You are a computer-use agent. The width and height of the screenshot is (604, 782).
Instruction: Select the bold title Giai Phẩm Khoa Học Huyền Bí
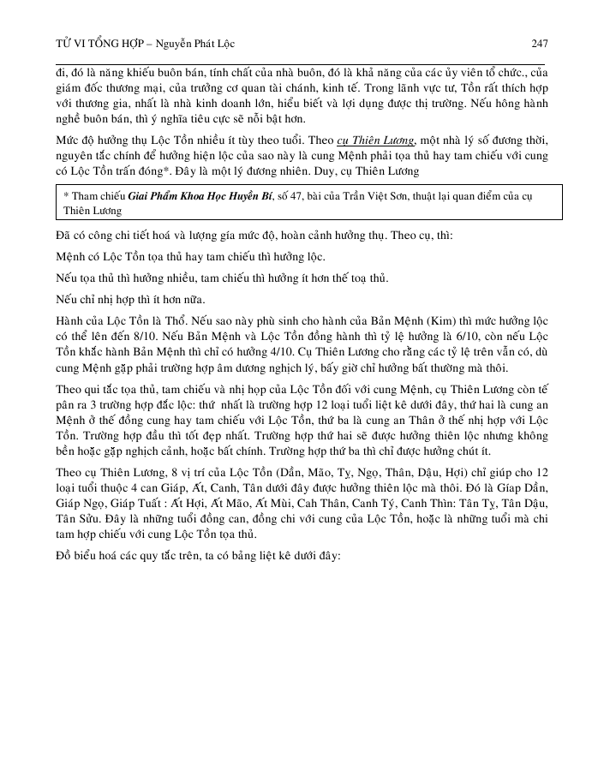coord(200,197)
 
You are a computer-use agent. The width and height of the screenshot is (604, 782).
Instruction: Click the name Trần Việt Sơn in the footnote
coord(378,197)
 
